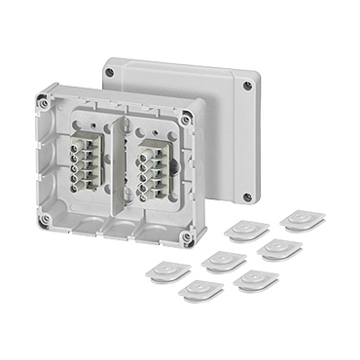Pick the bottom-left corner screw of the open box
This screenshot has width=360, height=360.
pos(43,221)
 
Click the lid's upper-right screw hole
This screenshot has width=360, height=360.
pos(248,86)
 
